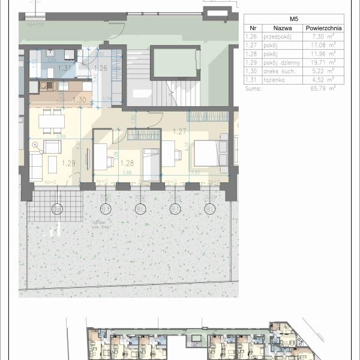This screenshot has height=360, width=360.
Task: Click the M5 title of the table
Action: coord(294,19)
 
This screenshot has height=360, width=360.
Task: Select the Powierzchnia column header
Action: coord(323,28)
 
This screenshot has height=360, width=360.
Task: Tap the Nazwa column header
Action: coord(282,28)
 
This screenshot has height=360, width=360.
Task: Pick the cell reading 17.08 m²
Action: coord(323,44)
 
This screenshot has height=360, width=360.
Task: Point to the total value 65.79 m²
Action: coord(323,88)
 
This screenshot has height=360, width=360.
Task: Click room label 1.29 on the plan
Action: coord(69,163)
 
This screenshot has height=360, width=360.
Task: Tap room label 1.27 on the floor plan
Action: coord(178,131)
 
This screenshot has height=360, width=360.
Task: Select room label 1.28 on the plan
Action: coord(127,163)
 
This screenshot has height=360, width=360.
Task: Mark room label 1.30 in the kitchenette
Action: coord(79,100)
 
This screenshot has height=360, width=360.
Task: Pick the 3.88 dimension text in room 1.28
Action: coord(127,173)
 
